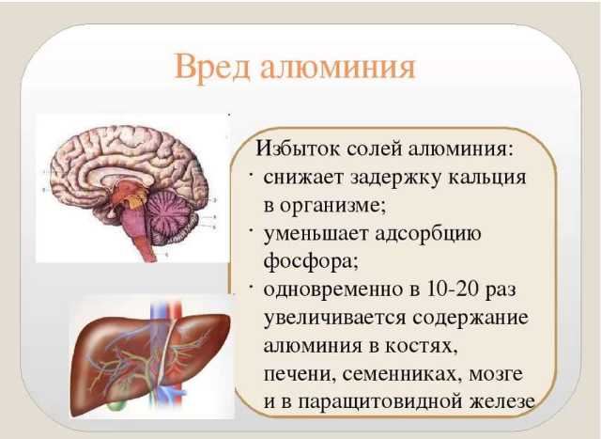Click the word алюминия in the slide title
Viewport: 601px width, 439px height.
coord(338,69)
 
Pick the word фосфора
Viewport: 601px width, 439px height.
coord(311,261)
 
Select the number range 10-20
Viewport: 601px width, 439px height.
coord(453,290)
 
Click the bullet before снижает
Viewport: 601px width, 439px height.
coord(251,176)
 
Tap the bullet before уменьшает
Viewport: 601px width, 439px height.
coord(251,230)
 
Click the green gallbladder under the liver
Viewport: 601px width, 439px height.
coord(117,403)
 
